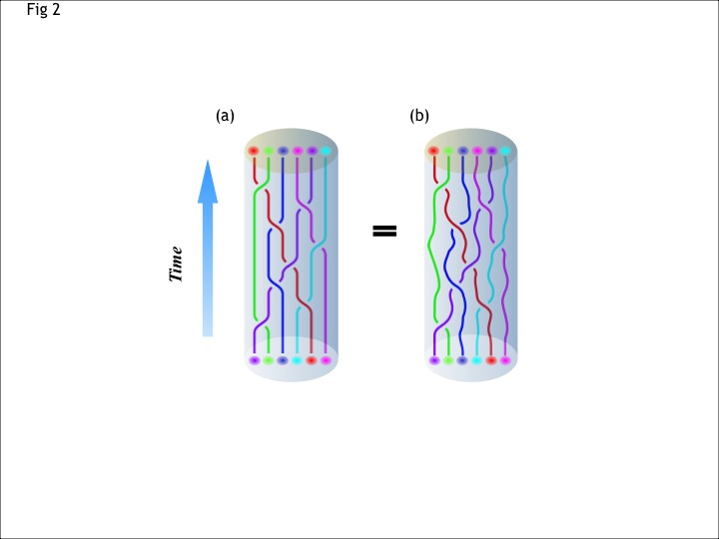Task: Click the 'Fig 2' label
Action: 44,9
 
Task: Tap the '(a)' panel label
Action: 225,116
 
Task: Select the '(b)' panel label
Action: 419,116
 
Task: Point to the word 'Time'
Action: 176,264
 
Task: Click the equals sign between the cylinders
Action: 384,231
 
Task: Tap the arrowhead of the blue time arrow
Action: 208,182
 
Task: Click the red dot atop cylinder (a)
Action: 254,151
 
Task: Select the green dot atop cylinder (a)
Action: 269,151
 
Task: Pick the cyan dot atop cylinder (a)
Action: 326,151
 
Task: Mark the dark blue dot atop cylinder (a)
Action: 283,151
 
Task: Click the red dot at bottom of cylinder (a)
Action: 311,360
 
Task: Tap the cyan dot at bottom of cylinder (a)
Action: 297,360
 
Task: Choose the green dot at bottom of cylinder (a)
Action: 269,360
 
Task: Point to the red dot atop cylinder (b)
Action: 433,151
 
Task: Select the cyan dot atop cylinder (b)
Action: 505,151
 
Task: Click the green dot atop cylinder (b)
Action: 448,151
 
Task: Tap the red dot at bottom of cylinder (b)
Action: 491,360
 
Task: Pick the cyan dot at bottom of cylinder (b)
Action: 476,360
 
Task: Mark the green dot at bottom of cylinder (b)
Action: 448,360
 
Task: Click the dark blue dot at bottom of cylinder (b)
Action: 462,360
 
